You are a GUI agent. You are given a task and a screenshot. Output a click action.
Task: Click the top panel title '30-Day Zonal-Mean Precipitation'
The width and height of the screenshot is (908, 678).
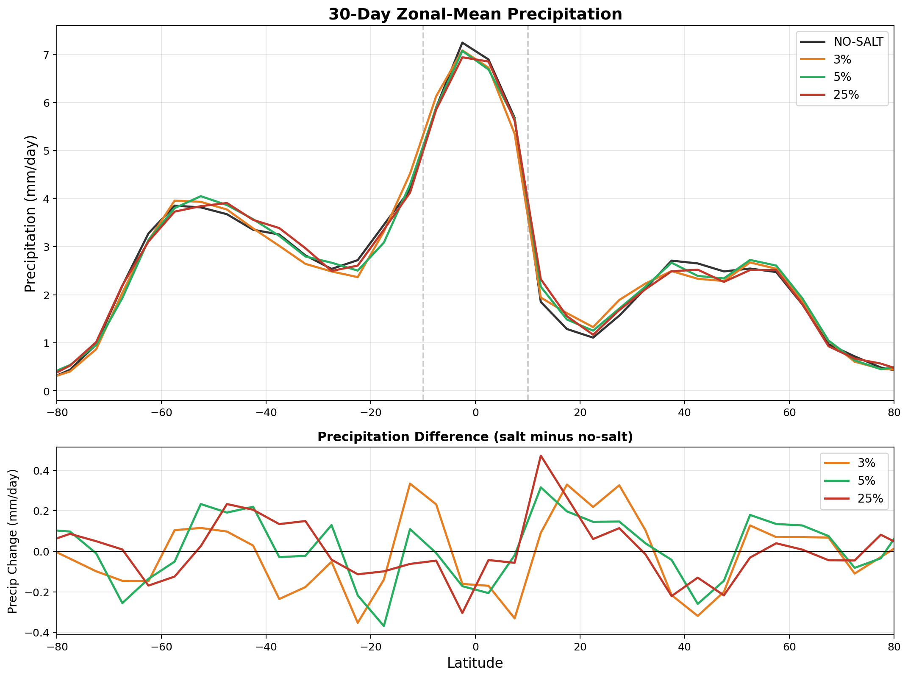tap(475, 14)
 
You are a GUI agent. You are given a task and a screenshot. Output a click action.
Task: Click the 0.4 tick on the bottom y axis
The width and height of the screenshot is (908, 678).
tap(39, 471)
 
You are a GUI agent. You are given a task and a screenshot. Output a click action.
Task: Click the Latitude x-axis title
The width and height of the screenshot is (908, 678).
tap(475, 663)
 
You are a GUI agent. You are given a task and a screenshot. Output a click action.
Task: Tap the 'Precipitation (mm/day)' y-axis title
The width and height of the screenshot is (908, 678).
tap(30, 213)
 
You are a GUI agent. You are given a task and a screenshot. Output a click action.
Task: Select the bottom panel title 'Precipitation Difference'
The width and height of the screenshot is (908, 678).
tap(475, 437)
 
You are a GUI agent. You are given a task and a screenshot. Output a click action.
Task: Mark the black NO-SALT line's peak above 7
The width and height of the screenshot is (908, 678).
tap(462, 42)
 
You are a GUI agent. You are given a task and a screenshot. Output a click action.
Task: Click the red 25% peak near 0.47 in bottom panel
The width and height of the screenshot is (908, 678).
tap(541, 456)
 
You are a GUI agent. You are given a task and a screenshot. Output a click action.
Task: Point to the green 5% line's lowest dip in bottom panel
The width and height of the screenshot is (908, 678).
tap(384, 626)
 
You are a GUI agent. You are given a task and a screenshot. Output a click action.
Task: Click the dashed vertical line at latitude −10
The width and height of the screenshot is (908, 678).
tap(423, 297)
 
